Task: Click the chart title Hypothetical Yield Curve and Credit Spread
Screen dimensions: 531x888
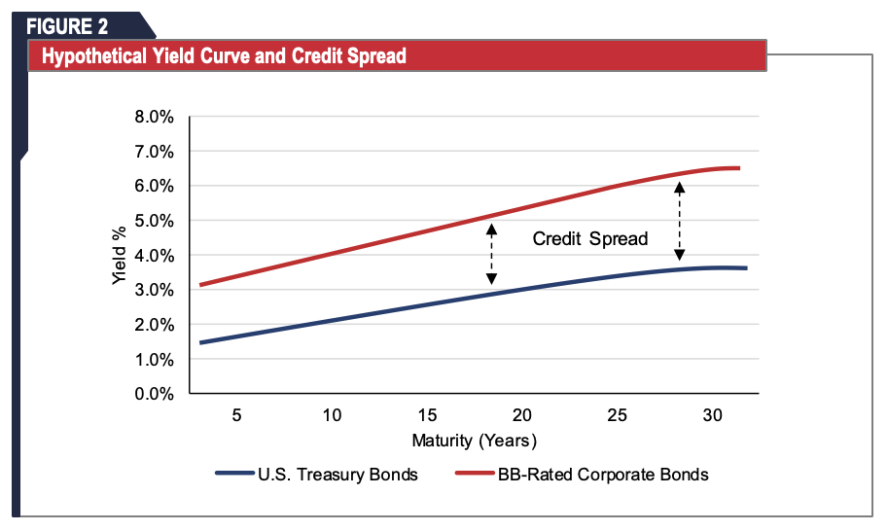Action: [224, 56]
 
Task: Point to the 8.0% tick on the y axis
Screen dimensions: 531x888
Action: [153, 117]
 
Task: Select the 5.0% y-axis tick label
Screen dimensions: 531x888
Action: [153, 221]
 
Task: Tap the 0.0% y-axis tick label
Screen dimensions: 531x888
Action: [153, 394]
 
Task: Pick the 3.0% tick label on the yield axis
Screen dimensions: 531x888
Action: [153, 290]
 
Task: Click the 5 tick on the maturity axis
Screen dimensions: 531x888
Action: [236, 415]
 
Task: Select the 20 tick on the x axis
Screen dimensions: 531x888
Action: [522, 415]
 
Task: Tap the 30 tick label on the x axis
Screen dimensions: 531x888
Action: [712, 415]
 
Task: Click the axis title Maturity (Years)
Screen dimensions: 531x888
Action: [474, 441]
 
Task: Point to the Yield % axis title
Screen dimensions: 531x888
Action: [119, 255]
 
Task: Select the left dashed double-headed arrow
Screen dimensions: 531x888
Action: [491, 254]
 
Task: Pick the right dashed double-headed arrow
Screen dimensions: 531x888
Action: [680, 222]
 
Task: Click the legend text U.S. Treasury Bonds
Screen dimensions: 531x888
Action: [337, 475]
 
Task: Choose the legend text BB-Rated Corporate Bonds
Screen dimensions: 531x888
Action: [603, 475]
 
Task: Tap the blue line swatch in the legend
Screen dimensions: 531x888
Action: [234, 475]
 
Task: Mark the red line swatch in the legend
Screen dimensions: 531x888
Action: [474, 475]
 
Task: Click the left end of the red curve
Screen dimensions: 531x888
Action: [200, 285]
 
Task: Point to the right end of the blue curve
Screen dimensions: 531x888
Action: [745, 267]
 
